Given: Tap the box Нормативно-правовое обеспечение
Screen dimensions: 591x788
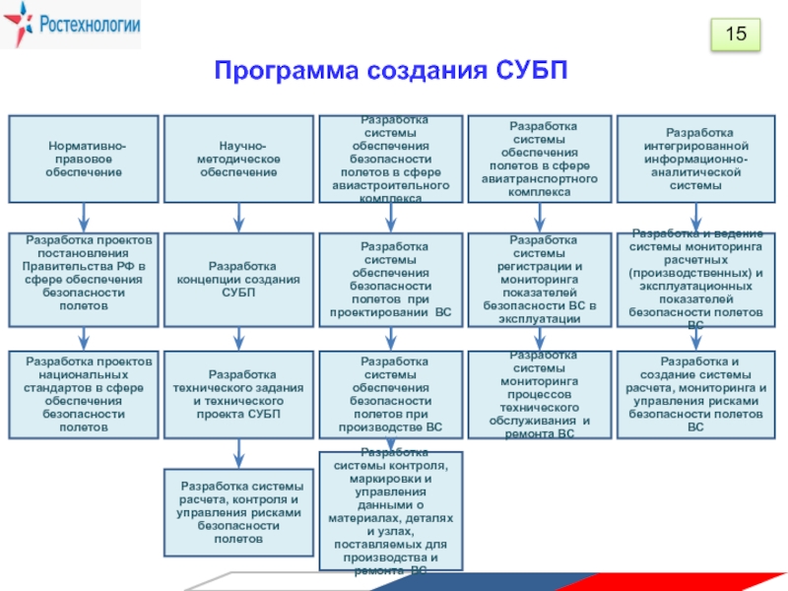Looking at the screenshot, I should tap(84, 159).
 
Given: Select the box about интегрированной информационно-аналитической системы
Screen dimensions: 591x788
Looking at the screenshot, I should tap(699, 159).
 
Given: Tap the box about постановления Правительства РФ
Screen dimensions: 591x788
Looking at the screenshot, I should tap(84, 280).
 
